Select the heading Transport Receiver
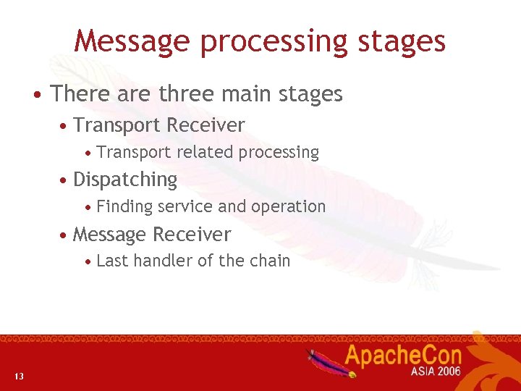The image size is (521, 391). [159, 125]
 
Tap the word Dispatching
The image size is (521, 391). [125, 180]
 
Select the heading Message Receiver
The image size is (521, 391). [152, 235]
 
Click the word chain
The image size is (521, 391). [269, 261]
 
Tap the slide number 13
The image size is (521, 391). [19, 376]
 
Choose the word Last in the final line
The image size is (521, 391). [110, 261]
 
